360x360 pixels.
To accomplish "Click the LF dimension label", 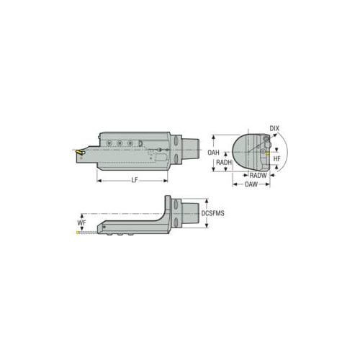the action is [135, 180].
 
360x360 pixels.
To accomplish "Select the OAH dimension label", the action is [213, 153].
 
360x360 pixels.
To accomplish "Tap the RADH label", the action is [224, 162].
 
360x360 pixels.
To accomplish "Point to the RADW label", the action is [258, 176].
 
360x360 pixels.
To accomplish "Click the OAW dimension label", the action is [251, 184].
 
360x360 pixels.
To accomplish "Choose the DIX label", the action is [274, 128].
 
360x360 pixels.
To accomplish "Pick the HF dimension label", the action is [276, 158].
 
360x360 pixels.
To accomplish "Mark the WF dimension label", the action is [81, 222].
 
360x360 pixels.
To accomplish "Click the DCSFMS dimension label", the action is [212, 213].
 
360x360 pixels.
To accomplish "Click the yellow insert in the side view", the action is [78, 152].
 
